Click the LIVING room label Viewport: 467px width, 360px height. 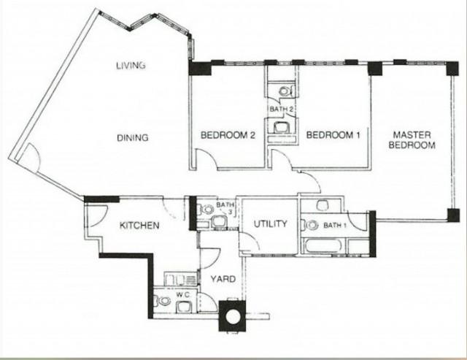pos(131,66)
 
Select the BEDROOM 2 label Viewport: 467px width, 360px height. pos(227,135)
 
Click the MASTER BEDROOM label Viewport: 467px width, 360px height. pos(414,140)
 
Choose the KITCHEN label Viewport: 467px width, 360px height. pos(139,226)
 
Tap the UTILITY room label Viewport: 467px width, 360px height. pos(270,224)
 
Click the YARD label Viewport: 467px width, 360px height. pos(223,279)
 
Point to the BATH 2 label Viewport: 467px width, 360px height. pos(281,110)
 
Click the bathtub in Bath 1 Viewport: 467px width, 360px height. pos(328,245)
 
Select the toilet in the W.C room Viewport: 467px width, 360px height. pos(162,301)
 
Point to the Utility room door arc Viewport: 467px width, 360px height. pos(246,245)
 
